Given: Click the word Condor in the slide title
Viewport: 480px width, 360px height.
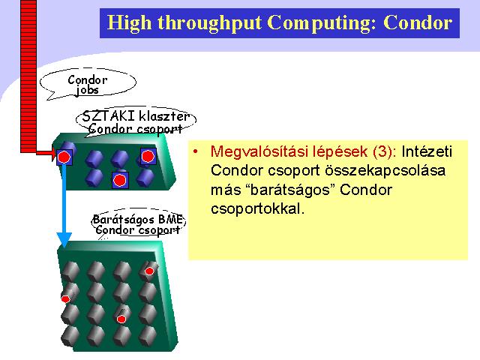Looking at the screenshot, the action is pyautogui.click(x=418, y=22).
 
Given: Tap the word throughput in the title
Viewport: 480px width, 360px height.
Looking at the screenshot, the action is pyautogui.click(x=209, y=23).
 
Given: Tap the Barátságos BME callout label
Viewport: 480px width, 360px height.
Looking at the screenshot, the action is pyautogui.click(x=138, y=224).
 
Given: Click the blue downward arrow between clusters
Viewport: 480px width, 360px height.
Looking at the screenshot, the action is pyautogui.click(x=64, y=205).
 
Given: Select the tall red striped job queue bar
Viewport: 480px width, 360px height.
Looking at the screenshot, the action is pyautogui.click(x=28, y=76).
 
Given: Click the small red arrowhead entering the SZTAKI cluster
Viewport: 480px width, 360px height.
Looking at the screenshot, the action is pyautogui.click(x=54, y=153).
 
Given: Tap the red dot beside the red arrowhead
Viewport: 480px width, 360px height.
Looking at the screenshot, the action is pyautogui.click(x=64, y=157).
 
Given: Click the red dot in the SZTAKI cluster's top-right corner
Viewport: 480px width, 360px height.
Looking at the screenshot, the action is pyautogui.click(x=148, y=156).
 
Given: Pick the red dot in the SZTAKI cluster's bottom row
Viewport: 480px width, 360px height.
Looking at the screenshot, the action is pyautogui.click(x=120, y=180).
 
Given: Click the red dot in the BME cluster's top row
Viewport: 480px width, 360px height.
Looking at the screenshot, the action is pyautogui.click(x=149, y=271).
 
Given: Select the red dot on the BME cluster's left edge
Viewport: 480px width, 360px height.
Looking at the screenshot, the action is pyautogui.click(x=65, y=298).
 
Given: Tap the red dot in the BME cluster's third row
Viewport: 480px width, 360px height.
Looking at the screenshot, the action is pyautogui.click(x=121, y=319).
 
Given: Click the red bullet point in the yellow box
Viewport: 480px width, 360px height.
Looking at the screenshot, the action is pyautogui.click(x=196, y=151).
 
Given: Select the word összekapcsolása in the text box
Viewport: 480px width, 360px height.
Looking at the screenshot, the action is pyautogui.click(x=385, y=170).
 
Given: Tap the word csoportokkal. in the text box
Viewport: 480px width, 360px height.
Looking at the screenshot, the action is pyautogui.click(x=258, y=209).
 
